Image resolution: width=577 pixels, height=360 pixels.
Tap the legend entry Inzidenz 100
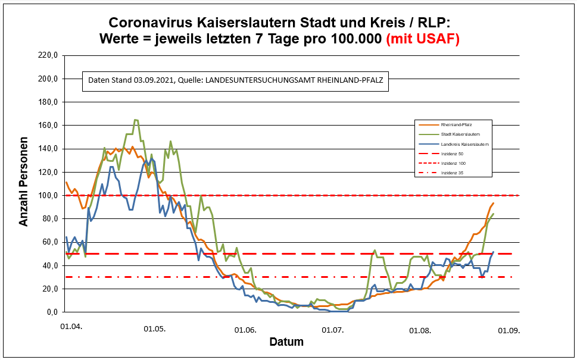coord(452,163)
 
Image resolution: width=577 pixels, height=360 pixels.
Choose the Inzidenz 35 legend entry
coord(451,173)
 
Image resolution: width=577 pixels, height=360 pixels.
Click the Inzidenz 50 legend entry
coord(451,154)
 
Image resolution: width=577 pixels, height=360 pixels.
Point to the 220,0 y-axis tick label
coord(46,55)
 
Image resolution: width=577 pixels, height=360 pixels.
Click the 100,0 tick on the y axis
coord(46,195)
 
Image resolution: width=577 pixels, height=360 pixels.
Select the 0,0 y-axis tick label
coord(49,312)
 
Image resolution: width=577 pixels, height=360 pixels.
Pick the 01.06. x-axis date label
coord(245,329)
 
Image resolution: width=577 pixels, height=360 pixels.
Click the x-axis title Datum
coord(286,342)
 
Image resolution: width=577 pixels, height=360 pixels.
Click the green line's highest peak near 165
coord(136,120)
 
